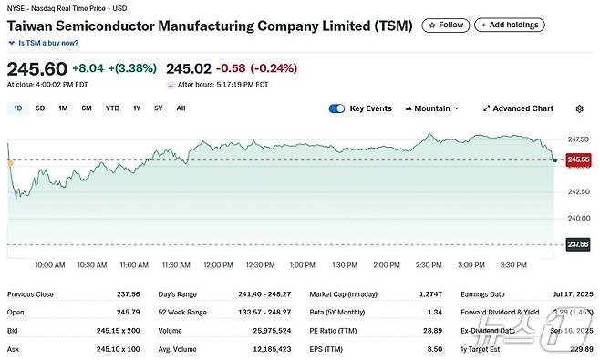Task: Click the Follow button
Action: coord(445,25)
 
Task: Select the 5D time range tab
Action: coord(40,108)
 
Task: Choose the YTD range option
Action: coord(112,108)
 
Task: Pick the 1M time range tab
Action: coord(63,108)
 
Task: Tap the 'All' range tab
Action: coord(181,108)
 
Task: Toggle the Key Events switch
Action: coord(337,108)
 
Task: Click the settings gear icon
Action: coord(579,108)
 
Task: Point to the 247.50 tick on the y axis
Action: coord(578,139)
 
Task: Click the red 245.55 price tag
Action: coord(578,159)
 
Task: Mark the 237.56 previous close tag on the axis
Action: coord(578,244)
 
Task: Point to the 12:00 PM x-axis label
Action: coord(218,265)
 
